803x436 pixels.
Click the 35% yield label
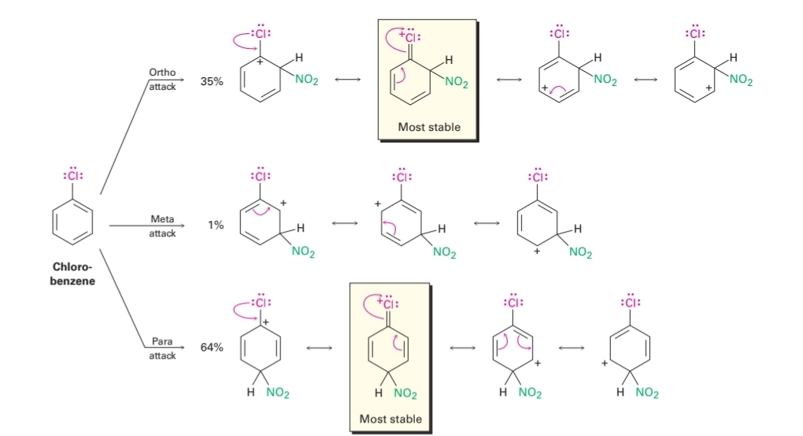[x=212, y=81]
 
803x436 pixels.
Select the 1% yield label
[x=216, y=225]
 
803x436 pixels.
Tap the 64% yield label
[x=212, y=347]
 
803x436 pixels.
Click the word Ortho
[x=162, y=73]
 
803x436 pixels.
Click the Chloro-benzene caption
[x=73, y=274]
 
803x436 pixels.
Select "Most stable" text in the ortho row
[x=429, y=127]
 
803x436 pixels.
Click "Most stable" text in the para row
[x=390, y=419]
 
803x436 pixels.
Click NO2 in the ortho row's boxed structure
[x=457, y=82]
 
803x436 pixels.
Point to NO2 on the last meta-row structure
[x=580, y=252]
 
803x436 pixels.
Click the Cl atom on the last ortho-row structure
[x=695, y=35]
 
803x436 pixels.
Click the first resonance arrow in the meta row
[x=342, y=225]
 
